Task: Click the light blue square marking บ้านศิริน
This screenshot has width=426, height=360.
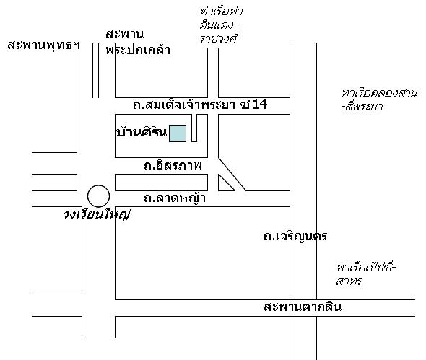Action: (x=178, y=133)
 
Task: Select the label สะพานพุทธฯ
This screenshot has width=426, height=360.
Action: (x=43, y=45)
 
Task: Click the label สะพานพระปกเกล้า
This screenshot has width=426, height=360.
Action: (x=138, y=42)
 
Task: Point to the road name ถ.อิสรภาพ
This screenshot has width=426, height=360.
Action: (x=173, y=165)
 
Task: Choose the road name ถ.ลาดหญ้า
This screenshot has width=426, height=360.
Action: (x=175, y=198)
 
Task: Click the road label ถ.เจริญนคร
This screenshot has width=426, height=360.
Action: (x=295, y=237)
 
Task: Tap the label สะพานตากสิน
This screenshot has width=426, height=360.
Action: (x=303, y=307)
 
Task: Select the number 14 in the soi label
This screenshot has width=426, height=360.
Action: (x=260, y=105)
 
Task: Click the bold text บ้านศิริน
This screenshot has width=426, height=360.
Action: (x=142, y=132)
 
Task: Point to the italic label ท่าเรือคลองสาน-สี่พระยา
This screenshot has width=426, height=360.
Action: (x=379, y=100)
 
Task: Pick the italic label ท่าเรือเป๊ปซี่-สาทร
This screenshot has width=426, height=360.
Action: (x=365, y=274)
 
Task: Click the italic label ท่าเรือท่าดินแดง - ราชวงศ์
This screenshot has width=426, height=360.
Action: (x=221, y=25)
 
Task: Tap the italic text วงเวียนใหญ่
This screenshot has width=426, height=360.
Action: (x=97, y=215)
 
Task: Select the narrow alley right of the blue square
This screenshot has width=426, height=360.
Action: (x=194, y=128)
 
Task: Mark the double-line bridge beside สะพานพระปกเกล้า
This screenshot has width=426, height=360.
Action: (x=95, y=70)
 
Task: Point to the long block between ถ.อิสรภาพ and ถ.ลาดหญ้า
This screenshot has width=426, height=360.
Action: (x=162, y=183)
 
